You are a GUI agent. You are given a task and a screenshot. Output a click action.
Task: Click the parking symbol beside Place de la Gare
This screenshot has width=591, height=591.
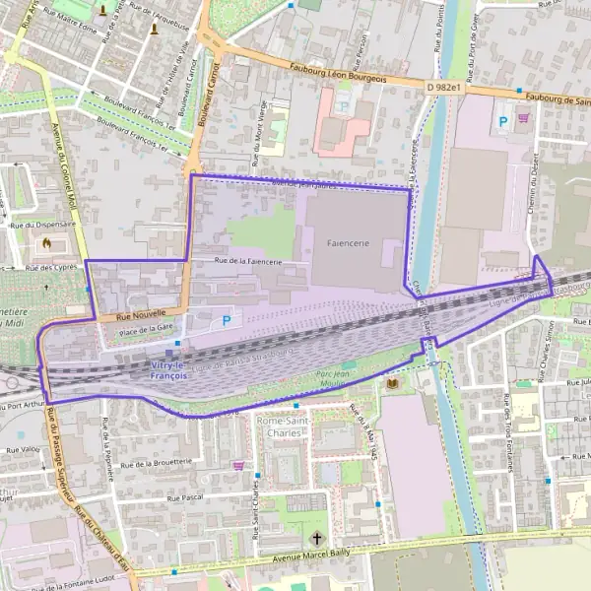[x=228, y=320]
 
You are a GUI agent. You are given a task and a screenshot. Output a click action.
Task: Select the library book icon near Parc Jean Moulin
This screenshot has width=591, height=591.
[x=394, y=382]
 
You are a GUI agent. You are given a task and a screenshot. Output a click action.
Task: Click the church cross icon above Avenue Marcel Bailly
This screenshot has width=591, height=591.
[x=316, y=539]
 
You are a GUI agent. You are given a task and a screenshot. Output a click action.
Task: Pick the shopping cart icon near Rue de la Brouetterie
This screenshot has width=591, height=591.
[x=237, y=464]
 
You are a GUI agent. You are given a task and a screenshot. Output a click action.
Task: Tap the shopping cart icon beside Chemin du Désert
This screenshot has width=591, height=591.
[x=523, y=117]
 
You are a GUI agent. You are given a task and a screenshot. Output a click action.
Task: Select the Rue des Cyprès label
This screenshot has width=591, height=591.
[x=51, y=267]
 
